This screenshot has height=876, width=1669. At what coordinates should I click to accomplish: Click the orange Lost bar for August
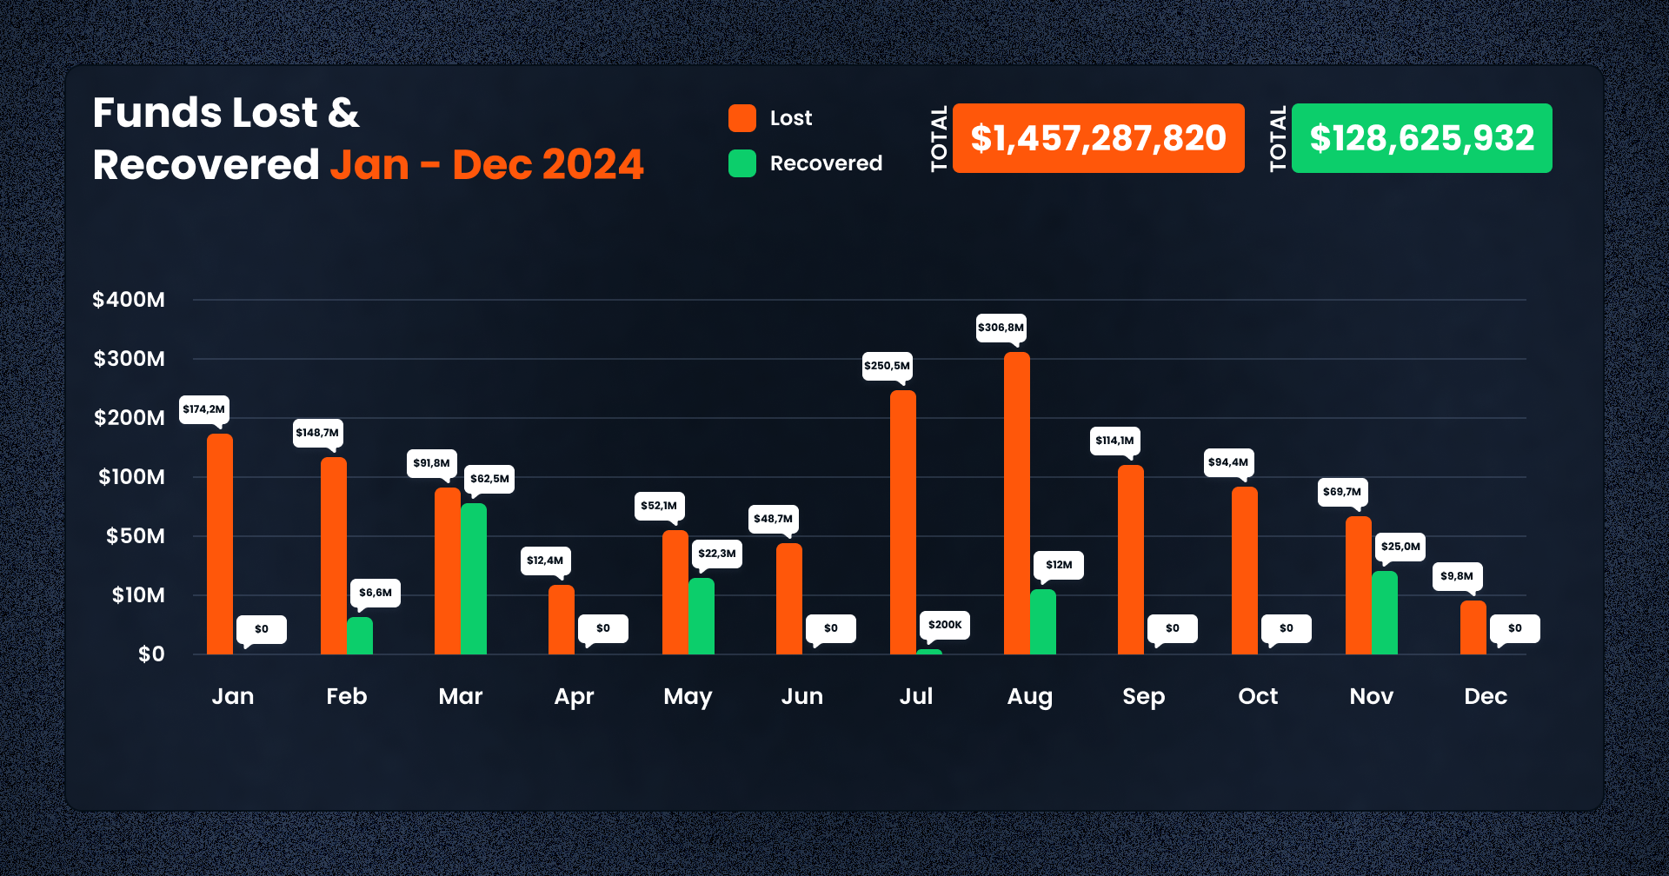tap(1016, 503)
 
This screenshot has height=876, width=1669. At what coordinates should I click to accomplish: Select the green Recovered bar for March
tap(474, 579)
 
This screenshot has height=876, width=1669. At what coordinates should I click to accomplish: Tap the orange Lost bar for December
tap(1473, 627)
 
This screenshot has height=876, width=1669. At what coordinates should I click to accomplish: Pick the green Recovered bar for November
tap(1384, 613)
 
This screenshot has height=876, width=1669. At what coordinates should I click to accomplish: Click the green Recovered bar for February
tap(360, 635)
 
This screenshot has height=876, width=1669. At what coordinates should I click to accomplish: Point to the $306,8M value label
tap(1001, 328)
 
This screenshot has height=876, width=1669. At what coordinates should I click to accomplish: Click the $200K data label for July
tap(945, 625)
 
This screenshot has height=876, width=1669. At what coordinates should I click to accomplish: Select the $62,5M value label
tap(489, 479)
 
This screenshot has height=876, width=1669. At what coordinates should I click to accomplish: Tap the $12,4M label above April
tap(545, 561)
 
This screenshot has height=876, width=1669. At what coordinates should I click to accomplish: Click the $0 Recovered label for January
tap(262, 629)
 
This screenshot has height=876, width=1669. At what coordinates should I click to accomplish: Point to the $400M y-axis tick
tap(129, 300)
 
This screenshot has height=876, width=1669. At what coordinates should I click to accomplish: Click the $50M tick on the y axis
tap(135, 536)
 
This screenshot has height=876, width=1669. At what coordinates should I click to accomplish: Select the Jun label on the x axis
tap(801, 696)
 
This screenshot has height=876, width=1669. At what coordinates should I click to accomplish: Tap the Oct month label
tap(1258, 696)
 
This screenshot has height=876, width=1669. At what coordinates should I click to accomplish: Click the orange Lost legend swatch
tap(741, 118)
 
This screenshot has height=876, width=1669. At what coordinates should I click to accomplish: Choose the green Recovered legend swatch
tap(741, 163)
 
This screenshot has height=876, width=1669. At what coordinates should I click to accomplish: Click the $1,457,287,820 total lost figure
tap(1098, 138)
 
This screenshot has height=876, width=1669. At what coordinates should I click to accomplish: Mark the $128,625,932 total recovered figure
tap(1421, 138)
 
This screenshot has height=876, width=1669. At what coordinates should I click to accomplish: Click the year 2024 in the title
tap(593, 164)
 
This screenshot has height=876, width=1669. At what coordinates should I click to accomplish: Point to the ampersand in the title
tap(344, 113)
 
